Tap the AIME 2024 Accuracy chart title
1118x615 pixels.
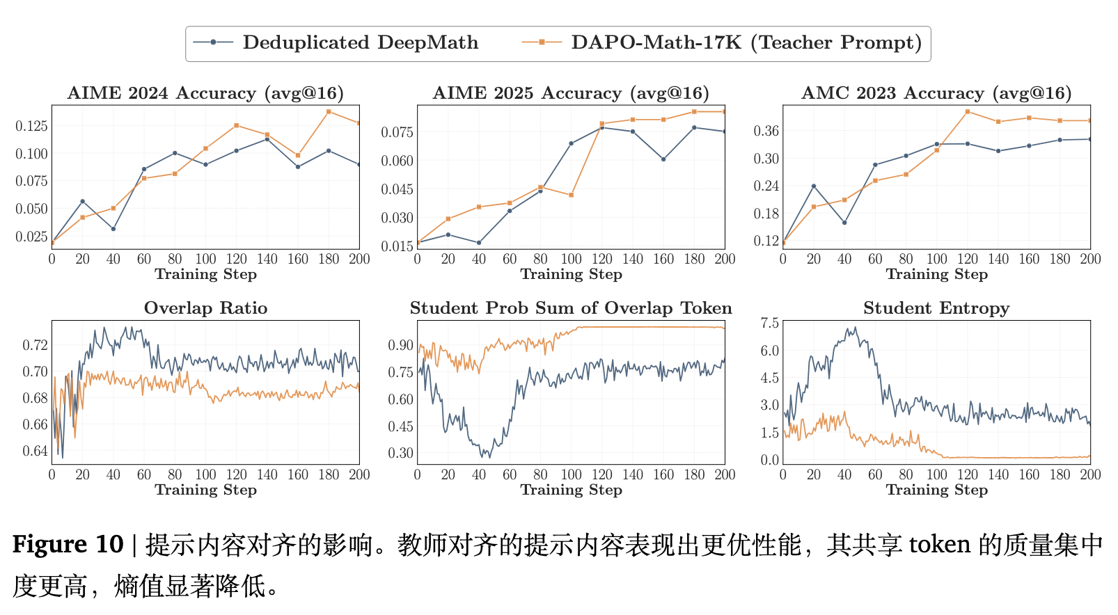tap(205, 93)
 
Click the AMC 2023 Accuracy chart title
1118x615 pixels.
tap(936, 93)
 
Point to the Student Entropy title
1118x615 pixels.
tap(936, 308)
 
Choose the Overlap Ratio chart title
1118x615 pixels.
tap(205, 308)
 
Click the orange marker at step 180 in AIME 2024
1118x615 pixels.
tap(329, 112)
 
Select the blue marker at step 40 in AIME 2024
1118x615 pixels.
tap(113, 229)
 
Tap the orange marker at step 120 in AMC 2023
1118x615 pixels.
tap(968, 112)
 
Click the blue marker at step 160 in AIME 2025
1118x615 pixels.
tap(663, 159)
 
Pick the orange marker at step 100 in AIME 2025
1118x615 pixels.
tap(572, 195)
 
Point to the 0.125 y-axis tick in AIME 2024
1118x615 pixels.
tap(32, 126)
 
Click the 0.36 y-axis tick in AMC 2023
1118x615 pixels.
tap(766, 131)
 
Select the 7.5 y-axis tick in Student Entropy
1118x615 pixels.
tap(770, 323)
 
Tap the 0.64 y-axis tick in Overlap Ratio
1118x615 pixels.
tap(36, 451)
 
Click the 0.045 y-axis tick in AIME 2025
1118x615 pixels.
tap(397, 189)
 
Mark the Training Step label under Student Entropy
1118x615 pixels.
tap(936, 490)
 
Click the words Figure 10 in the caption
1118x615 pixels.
tap(68, 544)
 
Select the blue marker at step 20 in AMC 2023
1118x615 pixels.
tap(814, 186)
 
